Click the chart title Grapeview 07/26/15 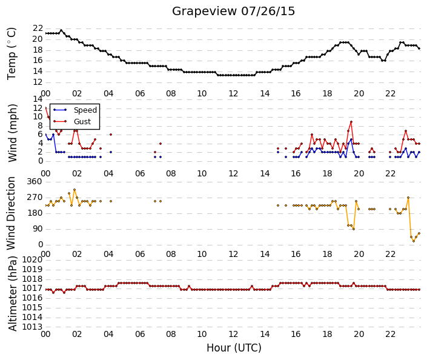[x=233, y=12]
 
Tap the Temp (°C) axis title [x=12, y=54]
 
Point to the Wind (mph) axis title [x=13, y=133]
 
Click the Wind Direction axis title [x=11, y=213]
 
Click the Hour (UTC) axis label [x=234, y=348]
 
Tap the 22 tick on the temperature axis [x=38, y=28]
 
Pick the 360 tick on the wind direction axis [x=35, y=182]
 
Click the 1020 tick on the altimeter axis [x=33, y=259]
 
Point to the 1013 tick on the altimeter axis [x=33, y=327]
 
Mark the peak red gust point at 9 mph [x=351, y=122]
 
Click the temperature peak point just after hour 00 [x=61, y=30]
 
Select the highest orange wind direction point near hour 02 [x=74, y=190]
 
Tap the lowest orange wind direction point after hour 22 [x=414, y=241]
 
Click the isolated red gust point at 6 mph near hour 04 [x=111, y=135]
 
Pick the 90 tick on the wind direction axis [x=38, y=229]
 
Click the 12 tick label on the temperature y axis [x=38, y=82]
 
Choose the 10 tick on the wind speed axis [x=38, y=116]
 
